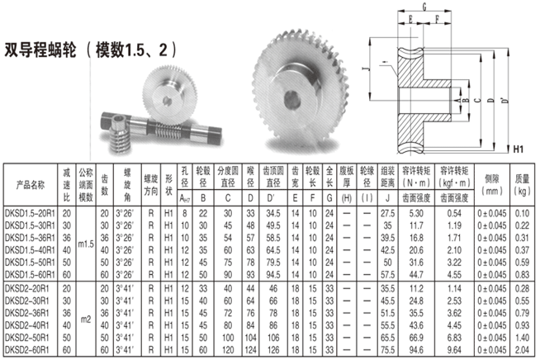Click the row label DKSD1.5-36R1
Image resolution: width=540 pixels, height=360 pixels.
point(30,238)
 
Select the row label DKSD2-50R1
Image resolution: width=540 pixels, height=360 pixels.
point(27,338)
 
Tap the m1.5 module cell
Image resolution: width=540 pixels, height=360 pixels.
point(86,244)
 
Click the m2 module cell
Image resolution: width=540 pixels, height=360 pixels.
point(86,320)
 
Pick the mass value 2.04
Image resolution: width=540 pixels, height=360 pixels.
point(522,350)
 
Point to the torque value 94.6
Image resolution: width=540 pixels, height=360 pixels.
point(416,350)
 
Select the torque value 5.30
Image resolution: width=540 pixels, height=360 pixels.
point(416,213)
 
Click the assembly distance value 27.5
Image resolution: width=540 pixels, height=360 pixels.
point(387,213)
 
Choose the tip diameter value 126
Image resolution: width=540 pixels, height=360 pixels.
point(273,350)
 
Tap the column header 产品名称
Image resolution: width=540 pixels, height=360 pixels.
point(31,185)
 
